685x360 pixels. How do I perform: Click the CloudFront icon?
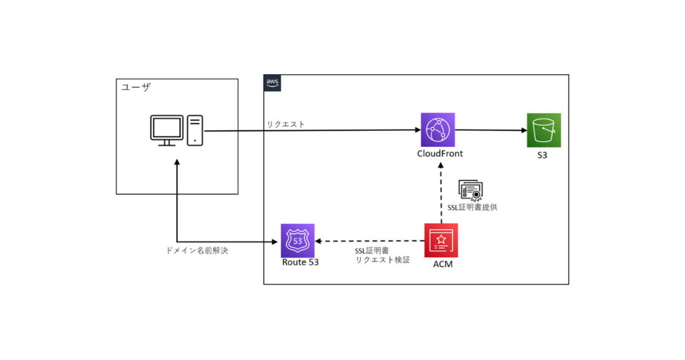(x=438, y=130)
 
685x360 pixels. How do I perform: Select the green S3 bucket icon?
(x=544, y=130)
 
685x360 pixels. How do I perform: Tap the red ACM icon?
(x=441, y=240)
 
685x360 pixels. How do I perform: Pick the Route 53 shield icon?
(x=297, y=240)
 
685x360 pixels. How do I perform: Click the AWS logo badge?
(x=272, y=83)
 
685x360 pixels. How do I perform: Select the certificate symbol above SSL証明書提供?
(x=471, y=190)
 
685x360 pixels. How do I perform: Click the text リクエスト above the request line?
(x=286, y=124)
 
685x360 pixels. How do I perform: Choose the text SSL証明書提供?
(x=469, y=207)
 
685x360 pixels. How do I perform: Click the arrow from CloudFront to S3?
(x=490, y=130)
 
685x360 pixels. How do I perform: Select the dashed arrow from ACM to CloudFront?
(x=441, y=190)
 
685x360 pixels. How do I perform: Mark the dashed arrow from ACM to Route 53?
(x=369, y=241)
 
